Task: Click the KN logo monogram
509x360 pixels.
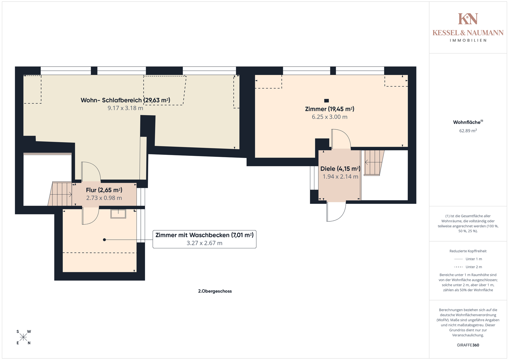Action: (x=468, y=19)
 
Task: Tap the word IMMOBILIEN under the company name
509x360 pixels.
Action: (x=468, y=41)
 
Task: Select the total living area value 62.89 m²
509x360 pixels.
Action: (x=468, y=131)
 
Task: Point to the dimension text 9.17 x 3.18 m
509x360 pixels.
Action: (x=125, y=108)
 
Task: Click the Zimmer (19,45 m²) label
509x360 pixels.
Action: (x=330, y=109)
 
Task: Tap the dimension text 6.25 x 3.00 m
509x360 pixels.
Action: (x=330, y=117)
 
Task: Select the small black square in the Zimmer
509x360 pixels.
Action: (x=327, y=101)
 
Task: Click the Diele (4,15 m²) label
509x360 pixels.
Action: (x=340, y=169)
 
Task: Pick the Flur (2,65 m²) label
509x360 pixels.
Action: (x=104, y=190)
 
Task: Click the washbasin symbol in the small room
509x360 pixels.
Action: (x=118, y=214)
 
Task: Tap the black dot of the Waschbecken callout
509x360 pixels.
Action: (x=104, y=240)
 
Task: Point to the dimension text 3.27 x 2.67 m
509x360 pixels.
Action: (x=204, y=243)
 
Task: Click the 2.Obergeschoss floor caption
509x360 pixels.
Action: (x=215, y=291)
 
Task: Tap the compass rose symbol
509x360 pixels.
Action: (x=23, y=337)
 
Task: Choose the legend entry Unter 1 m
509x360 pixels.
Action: (x=468, y=259)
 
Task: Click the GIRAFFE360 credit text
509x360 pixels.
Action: (x=468, y=345)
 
